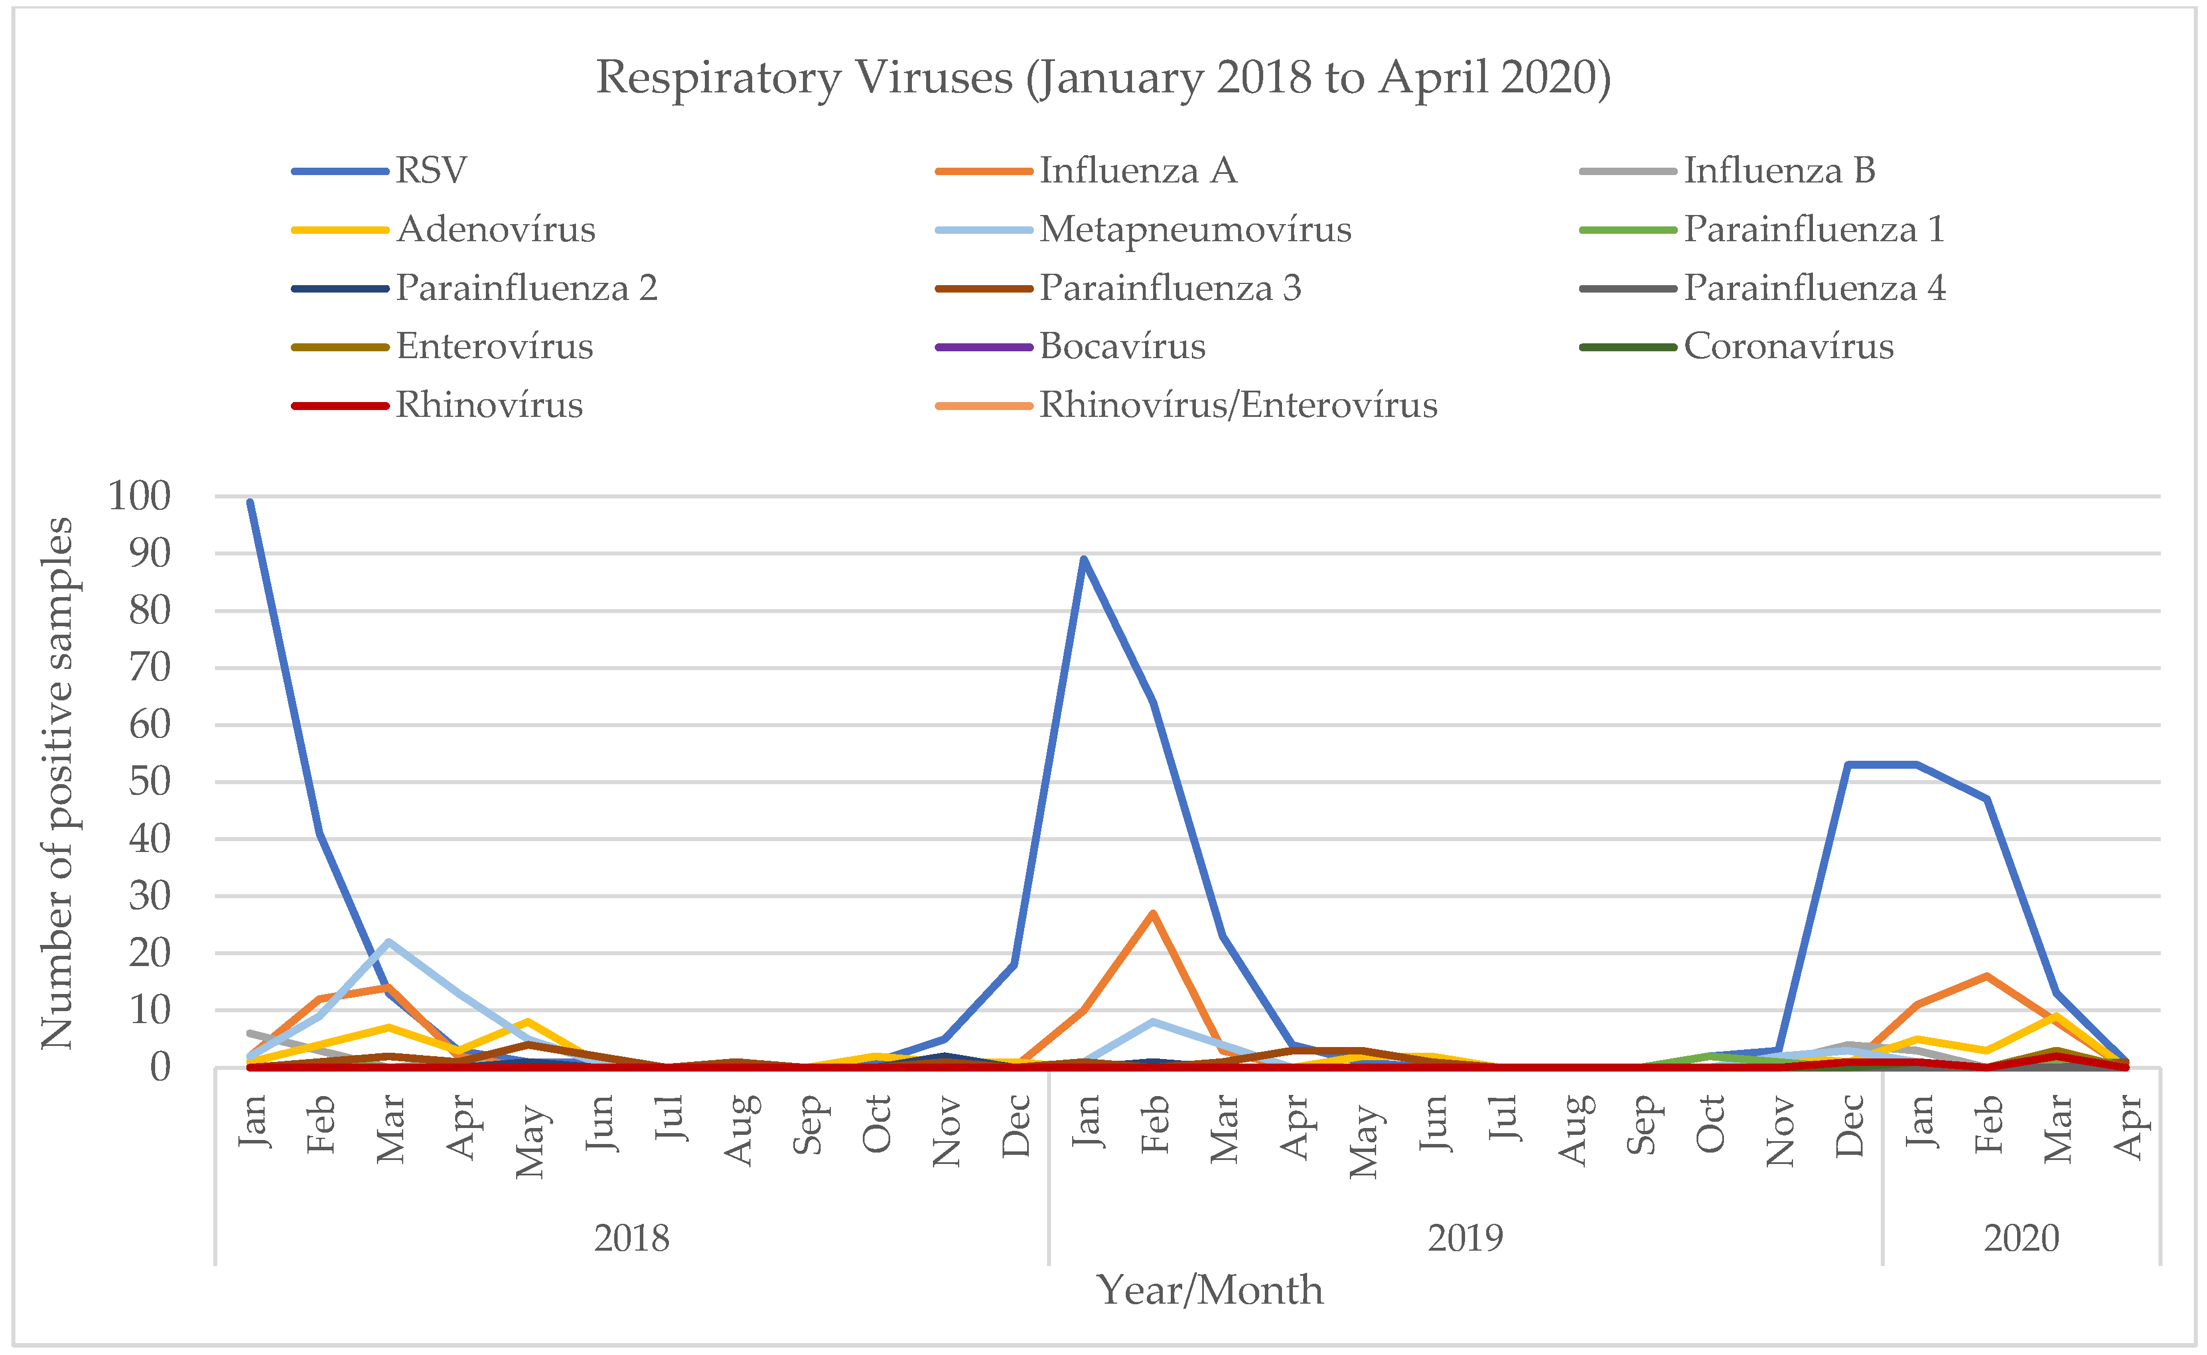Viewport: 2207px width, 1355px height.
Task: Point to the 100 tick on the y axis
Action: (139, 496)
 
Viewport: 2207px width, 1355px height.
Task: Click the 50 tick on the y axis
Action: (149, 781)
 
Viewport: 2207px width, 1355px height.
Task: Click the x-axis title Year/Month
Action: (1210, 1291)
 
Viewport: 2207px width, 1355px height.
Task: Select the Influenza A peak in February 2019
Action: (1153, 913)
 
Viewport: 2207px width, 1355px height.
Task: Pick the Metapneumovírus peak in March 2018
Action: (388, 942)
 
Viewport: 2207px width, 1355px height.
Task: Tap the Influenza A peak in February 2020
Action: (1986, 976)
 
